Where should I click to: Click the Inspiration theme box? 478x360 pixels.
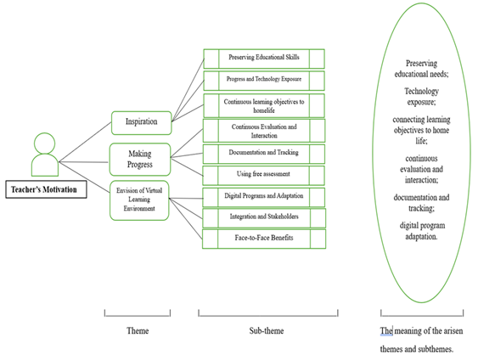[x=142, y=123]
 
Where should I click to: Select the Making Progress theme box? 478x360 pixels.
[x=140, y=160]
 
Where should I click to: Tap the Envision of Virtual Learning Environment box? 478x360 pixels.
[x=139, y=200]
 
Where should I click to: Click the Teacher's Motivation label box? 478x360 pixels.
[x=46, y=189]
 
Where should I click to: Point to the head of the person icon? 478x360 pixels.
[x=44, y=143]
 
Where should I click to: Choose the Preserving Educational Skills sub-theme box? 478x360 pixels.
[x=264, y=59]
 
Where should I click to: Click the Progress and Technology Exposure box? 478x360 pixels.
[x=264, y=81]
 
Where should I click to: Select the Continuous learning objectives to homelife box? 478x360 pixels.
[x=264, y=106]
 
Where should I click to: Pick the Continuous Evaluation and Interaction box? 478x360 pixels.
[x=264, y=131]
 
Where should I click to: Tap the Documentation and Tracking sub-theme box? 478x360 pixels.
[x=264, y=154]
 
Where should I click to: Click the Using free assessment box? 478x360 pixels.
[x=264, y=175]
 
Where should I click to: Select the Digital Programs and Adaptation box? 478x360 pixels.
[x=264, y=197]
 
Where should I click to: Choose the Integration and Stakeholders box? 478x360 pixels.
[x=264, y=218]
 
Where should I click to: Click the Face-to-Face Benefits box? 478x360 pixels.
[x=264, y=239]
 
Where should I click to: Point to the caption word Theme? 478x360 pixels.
[x=138, y=331]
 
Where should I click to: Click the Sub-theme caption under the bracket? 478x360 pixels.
[x=267, y=331]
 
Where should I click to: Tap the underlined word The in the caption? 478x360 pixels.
[x=386, y=331]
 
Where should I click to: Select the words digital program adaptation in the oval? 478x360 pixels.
[x=422, y=231]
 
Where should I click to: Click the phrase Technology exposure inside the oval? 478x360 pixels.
[x=422, y=96]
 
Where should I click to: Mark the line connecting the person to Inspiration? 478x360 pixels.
[x=85, y=142]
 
